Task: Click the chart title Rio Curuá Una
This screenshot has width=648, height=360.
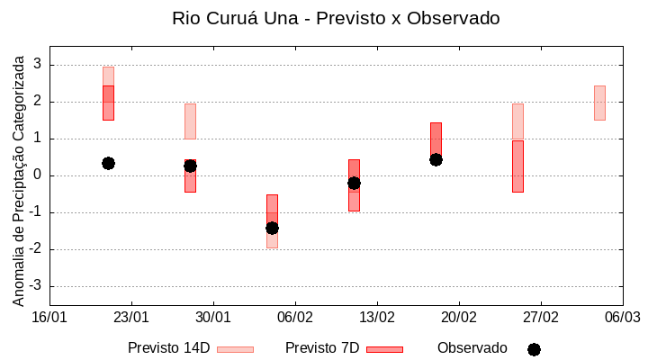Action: (336, 18)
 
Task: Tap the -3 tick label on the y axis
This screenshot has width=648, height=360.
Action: (36, 286)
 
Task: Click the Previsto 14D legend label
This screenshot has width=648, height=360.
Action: (168, 348)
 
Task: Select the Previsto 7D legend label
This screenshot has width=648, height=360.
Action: (322, 348)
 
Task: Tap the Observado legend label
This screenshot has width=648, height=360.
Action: (472, 348)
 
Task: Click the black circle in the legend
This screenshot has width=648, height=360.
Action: (534, 349)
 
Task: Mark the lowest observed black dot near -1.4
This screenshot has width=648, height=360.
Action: (272, 228)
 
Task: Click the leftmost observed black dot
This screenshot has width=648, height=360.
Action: (108, 163)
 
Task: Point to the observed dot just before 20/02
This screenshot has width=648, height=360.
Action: (436, 159)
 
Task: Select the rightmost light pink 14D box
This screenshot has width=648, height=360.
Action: (599, 103)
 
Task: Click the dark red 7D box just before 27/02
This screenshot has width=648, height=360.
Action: (517, 166)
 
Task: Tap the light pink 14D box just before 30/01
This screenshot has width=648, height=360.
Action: (190, 121)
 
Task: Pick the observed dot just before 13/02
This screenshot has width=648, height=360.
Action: (354, 183)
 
